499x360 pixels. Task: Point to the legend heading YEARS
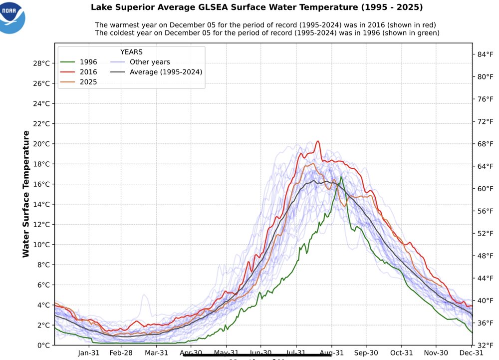[x=132, y=52]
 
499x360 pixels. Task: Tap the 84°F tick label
[x=486, y=54]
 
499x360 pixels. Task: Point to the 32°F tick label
[x=486, y=345]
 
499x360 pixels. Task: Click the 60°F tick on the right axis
[x=486, y=189]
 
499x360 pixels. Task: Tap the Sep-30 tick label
[x=366, y=353]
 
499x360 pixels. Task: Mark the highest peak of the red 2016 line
[x=317, y=141]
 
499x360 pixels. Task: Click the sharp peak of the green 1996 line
[x=341, y=177]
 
